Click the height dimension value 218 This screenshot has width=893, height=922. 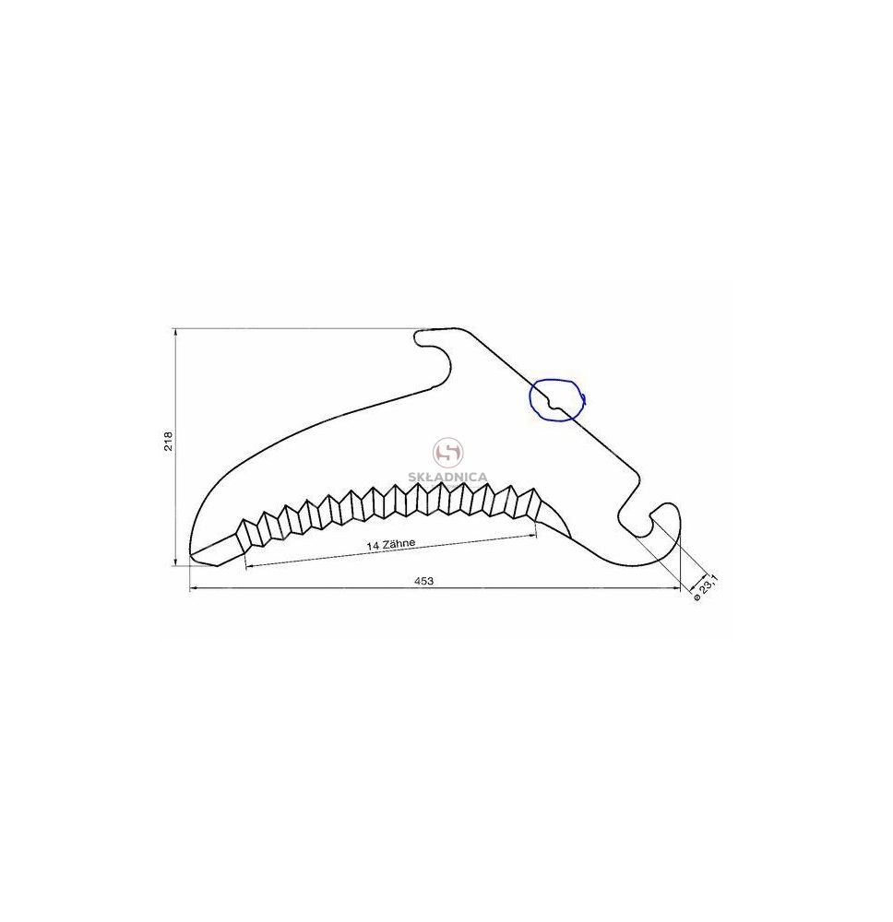[x=169, y=441]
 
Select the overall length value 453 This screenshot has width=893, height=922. [x=423, y=581]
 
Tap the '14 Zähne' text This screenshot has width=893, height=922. [x=391, y=544]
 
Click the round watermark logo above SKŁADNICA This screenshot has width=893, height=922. [x=448, y=453]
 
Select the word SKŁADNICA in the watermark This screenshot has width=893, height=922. [x=449, y=477]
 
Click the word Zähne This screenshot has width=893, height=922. [x=399, y=543]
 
